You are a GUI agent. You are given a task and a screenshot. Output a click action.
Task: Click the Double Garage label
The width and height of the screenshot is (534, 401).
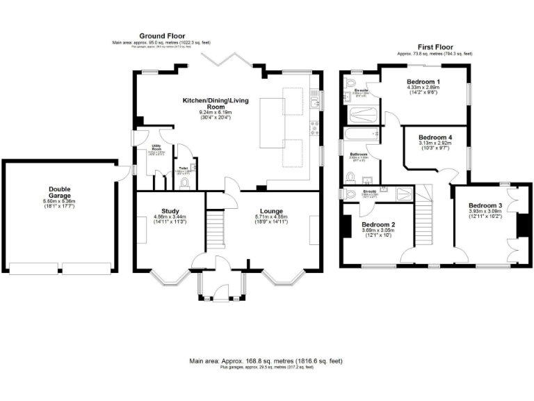(x=59, y=192)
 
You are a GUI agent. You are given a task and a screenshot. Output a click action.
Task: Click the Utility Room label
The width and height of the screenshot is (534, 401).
(x=156, y=148)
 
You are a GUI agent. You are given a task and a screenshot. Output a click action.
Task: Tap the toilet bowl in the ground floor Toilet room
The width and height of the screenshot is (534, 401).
(x=184, y=183)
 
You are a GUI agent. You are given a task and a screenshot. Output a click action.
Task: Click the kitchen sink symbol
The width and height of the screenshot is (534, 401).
(x=315, y=100)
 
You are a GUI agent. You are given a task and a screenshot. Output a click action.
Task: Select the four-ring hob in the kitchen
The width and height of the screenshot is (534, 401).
(x=315, y=128)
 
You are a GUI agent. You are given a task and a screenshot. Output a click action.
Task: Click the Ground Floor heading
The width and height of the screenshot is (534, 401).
(x=162, y=36)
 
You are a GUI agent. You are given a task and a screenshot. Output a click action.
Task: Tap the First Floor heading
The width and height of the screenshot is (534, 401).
(x=434, y=45)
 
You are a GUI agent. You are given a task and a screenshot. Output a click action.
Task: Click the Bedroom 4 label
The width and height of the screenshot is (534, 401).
(x=435, y=137)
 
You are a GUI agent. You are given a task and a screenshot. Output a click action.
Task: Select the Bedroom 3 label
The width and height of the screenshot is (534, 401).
(x=485, y=206)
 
